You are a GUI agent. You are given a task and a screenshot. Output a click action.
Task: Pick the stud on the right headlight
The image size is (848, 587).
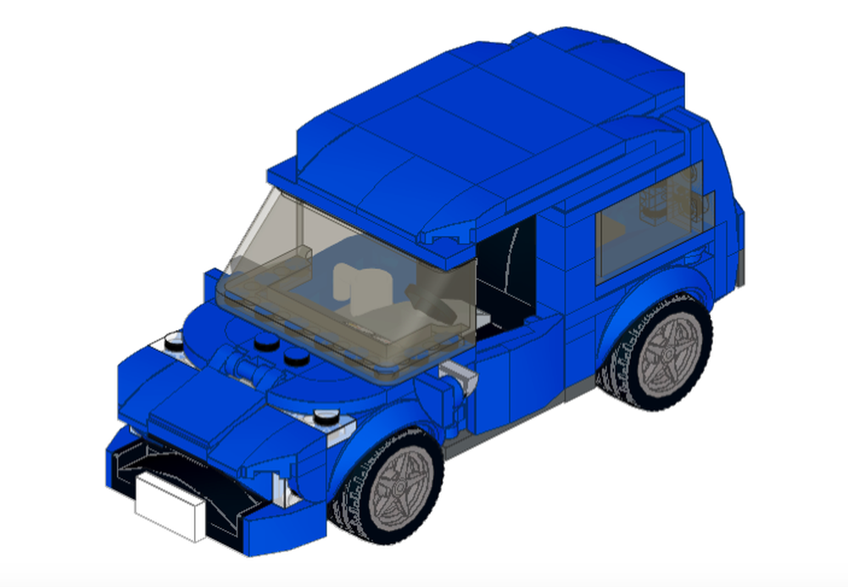click(x=324, y=416)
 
